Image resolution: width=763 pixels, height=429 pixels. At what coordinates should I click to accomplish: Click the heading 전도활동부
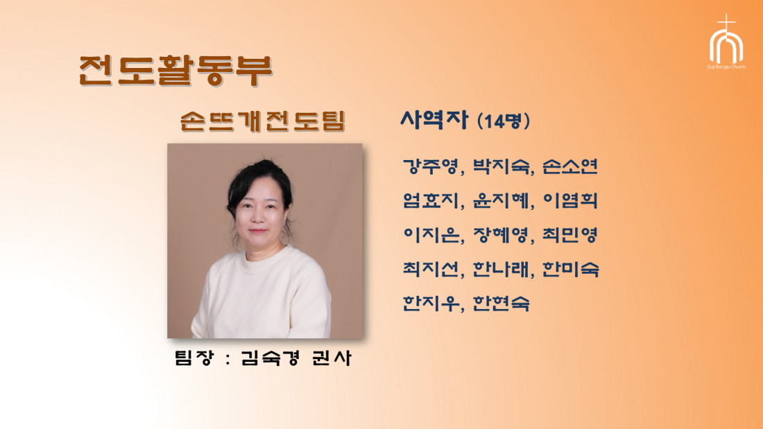coord(175,70)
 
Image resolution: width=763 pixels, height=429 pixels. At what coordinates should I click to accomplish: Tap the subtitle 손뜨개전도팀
coord(263,121)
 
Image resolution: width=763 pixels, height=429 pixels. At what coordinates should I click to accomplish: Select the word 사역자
coord(434,120)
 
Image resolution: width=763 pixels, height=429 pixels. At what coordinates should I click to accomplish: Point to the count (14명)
coord(504,121)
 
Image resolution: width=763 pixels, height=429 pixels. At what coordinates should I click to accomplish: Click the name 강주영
coord(431,167)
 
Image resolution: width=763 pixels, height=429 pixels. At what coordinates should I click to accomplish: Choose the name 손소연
coord(569,166)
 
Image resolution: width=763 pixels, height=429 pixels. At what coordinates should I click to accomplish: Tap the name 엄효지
coord(431,200)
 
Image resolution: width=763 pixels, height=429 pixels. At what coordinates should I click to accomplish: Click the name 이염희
coord(569,200)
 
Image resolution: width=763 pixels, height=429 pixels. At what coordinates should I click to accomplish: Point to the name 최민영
coord(569,235)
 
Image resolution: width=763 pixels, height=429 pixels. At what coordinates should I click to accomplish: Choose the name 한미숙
coord(570,269)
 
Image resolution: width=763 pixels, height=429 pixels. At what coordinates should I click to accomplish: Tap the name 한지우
coord(431,303)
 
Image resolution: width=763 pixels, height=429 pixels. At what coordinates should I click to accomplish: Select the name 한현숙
coord(501,303)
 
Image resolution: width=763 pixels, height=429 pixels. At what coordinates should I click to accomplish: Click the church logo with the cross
coord(726,42)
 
